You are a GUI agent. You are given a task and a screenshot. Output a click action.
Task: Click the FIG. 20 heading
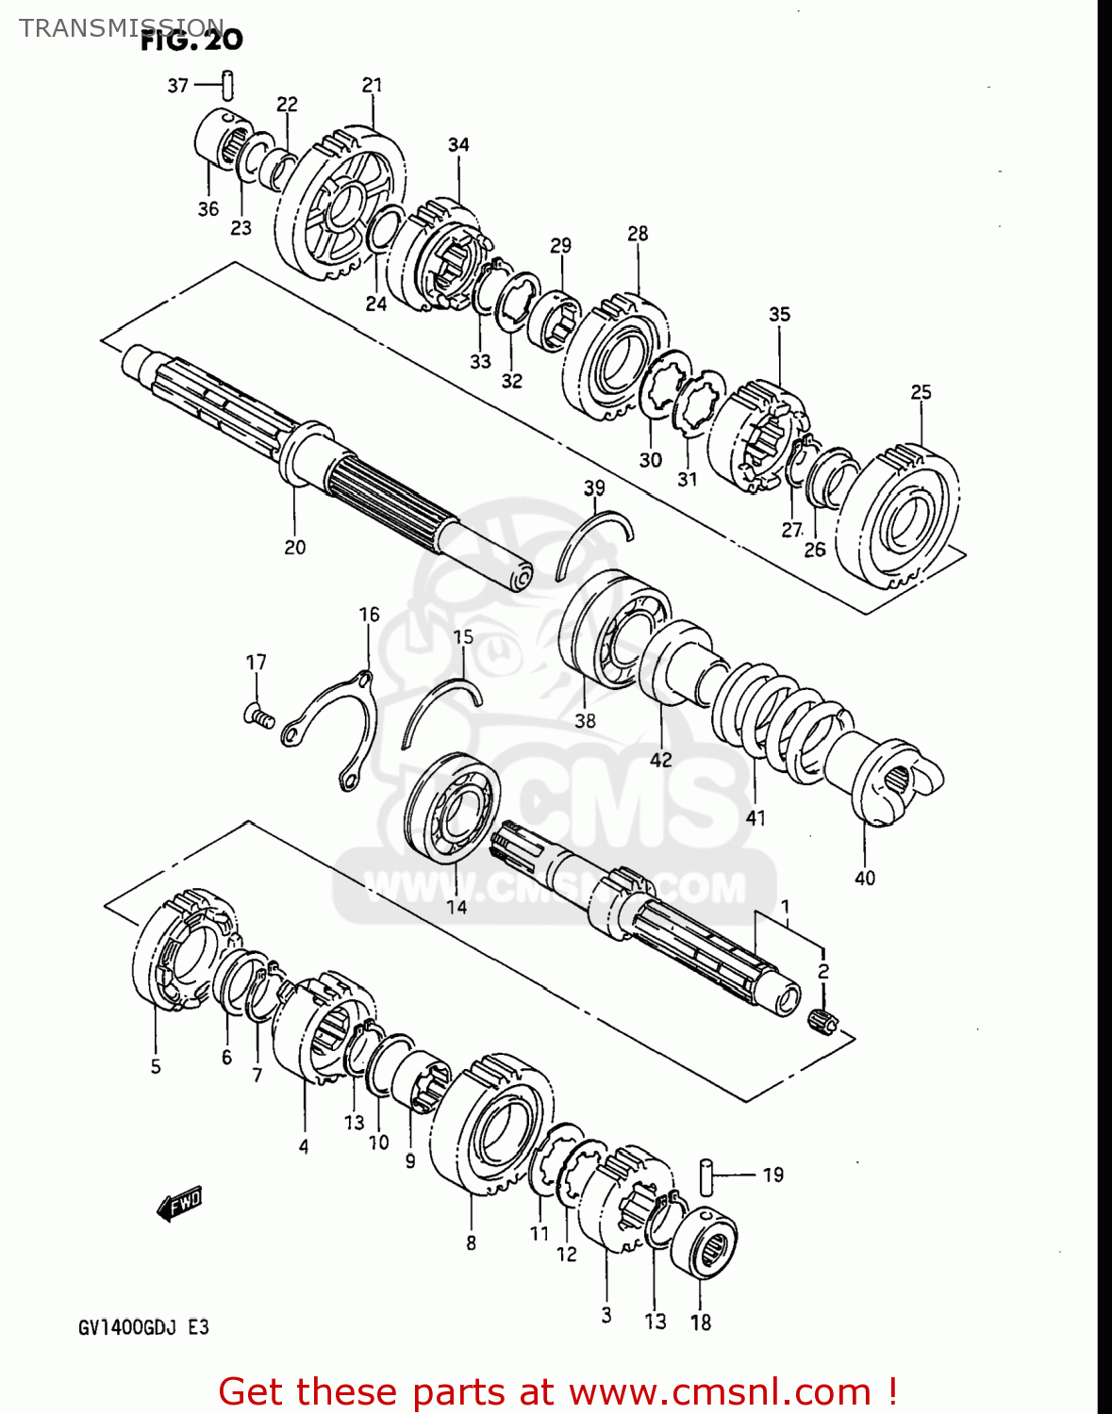coord(191,40)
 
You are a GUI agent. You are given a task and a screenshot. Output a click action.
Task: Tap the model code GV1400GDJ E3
coord(143,1327)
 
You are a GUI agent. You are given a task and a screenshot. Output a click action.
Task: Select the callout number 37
coord(177,86)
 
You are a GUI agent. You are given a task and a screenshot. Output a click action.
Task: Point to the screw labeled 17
coord(257,717)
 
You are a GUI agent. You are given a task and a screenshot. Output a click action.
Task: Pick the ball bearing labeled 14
coord(452,807)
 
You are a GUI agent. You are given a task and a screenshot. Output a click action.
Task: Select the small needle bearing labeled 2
coord(823,1020)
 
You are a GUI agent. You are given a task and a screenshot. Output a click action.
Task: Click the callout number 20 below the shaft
coord(294,547)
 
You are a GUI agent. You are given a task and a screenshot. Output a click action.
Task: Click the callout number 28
coord(638,233)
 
